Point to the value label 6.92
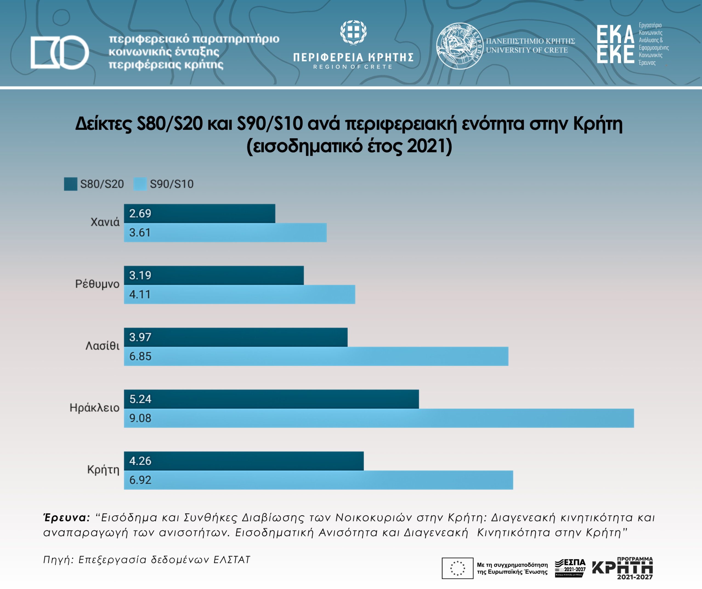(x=140, y=480)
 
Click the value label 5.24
(x=140, y=399)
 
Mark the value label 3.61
(x=140, y=232)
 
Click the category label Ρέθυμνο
(x=97, y=284)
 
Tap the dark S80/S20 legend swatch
(x=70, y=184)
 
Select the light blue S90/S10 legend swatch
(x=140, y=184)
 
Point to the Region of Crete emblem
(x=353, y=32)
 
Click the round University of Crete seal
(x=460, y=46)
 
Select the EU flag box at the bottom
(x=457, y=568)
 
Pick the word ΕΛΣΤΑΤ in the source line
(x=232, y=560)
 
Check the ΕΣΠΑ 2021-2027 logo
(x=570, y=568)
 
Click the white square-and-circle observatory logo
(x=60, y=52)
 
